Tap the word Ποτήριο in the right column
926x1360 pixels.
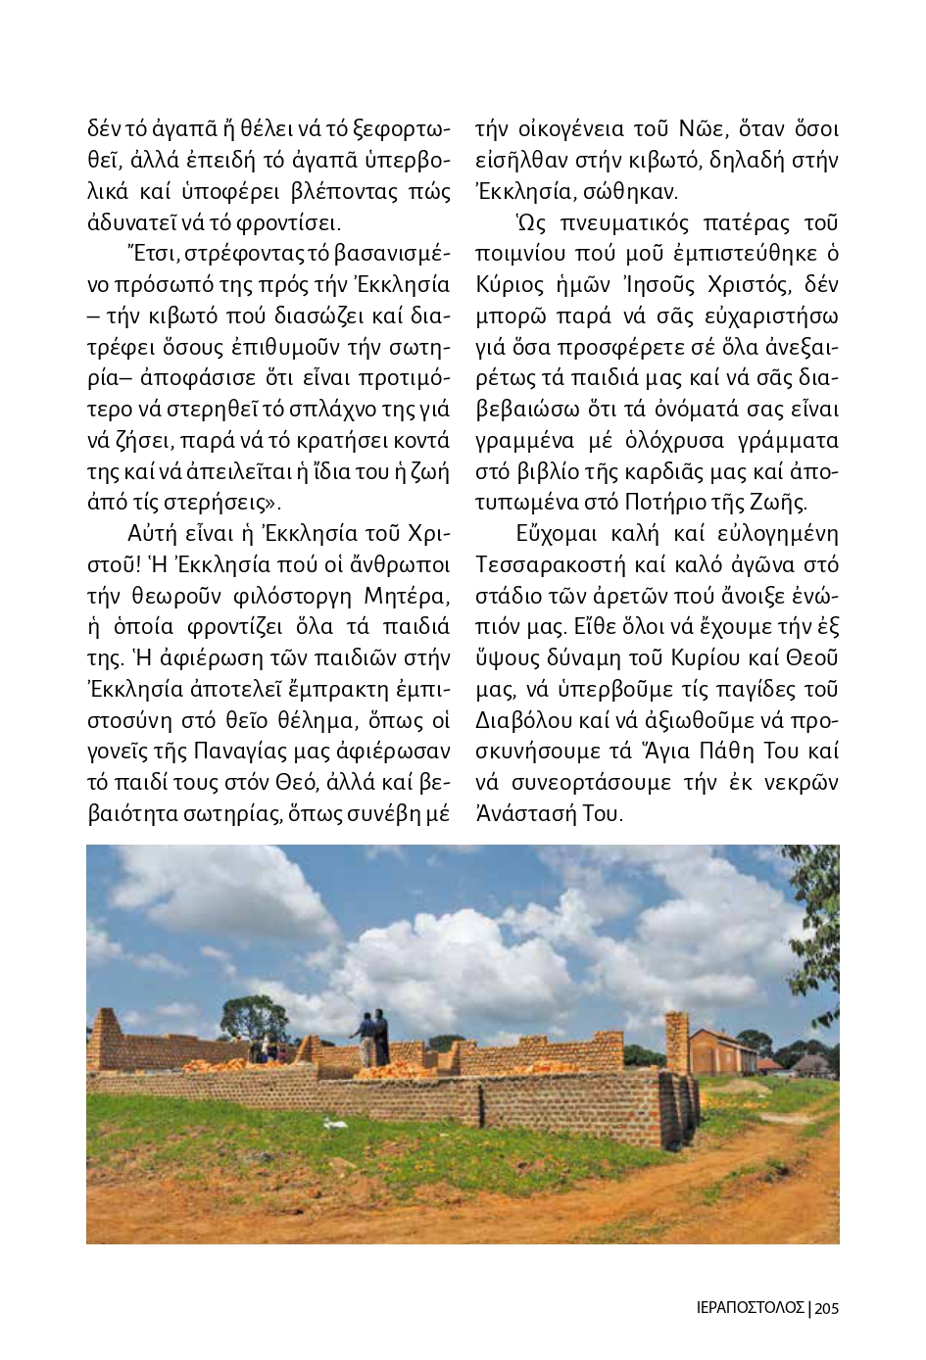pyautogui.click(x=663, y=503)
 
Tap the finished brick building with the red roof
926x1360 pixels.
pyautogui.click(x=723, y=1050)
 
